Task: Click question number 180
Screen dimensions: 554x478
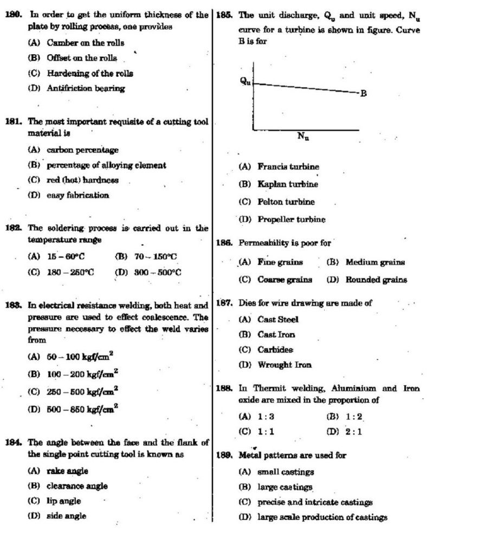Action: [x=13, y=15]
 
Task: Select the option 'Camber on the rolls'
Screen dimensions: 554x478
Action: [x=85, y=43]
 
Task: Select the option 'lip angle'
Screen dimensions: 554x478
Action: [x=63, y=501]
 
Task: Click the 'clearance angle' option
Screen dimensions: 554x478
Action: [x=77, y=486]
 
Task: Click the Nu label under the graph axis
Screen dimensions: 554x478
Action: [x=303, y=136]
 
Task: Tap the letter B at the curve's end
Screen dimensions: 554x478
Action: [x=364, y=94]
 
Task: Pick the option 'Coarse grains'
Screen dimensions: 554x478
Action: [x=285, y=280]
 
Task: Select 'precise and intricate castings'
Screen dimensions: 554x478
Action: [x=314, y=502]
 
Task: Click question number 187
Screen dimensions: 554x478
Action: [x=224, y=304]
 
